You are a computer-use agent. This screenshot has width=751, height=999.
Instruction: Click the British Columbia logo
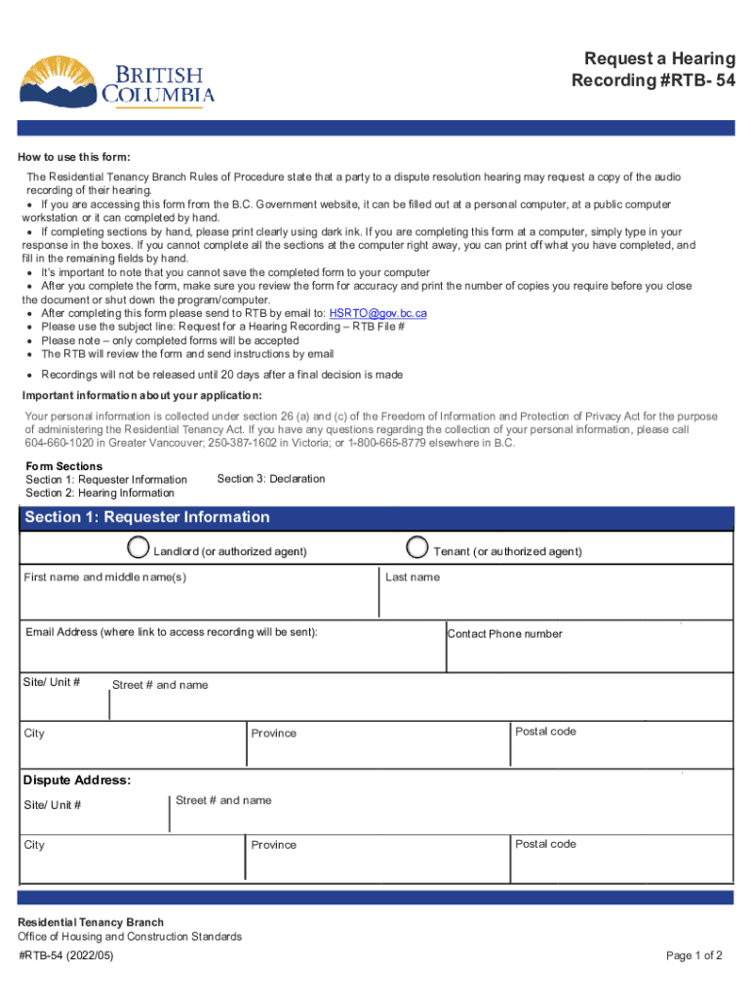point(117,80)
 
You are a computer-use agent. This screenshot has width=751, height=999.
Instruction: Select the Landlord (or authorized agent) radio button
point(140,547)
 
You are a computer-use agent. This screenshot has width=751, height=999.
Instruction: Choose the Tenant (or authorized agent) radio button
point(417,547)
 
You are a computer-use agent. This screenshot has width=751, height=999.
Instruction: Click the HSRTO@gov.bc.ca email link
point(377,313)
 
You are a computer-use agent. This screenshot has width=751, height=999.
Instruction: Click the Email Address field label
point(172,632)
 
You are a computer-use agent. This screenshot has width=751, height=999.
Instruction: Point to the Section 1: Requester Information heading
point(147,517)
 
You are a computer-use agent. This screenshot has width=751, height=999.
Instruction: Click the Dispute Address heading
point(77,780)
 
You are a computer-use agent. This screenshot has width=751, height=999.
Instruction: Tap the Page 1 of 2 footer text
point(694,956)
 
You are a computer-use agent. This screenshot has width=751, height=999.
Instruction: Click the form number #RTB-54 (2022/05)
point(66,956)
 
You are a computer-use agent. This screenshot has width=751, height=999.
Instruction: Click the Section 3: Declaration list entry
point(271,479)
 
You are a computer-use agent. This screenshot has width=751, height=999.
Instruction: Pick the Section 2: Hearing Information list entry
point(99,493)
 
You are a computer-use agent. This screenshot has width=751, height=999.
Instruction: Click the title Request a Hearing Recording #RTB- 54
point(652,69)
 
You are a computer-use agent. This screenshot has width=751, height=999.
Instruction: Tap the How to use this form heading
point(76,158)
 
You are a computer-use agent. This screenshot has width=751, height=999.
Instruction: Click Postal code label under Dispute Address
point(545,844)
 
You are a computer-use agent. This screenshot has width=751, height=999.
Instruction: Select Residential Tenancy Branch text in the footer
point(92,922)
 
